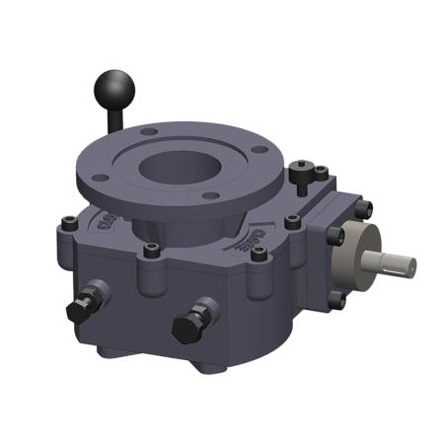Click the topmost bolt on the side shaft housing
pos(362,208)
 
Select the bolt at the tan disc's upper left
pos(334,236)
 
